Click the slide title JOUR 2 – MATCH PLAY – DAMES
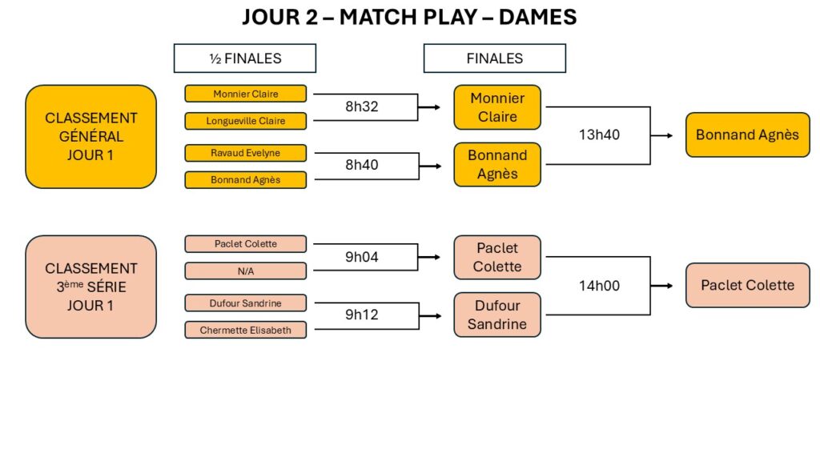click(409, 18)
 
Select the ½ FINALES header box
click(245, 58)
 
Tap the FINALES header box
click(494, 58)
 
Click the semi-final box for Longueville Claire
click(246, 121)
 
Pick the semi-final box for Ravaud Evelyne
click(246, 152)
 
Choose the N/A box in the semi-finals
click(246, 271)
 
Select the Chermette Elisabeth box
click(246, 330)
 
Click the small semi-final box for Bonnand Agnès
click(246, 180)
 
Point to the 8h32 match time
click(361, 106)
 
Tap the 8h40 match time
click(361, 165)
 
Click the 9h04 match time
click(361, 257)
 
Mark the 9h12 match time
click(361, 315)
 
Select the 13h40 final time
click(599, 134)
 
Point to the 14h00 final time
click(599, 285)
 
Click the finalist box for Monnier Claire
click(497, 107)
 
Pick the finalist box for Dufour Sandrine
click(497, 315)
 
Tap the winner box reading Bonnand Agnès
click(747, 134)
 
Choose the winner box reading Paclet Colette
click(747, 285)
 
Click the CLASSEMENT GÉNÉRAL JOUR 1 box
click(90, 136)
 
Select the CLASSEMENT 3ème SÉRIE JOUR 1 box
click(90, 287)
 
